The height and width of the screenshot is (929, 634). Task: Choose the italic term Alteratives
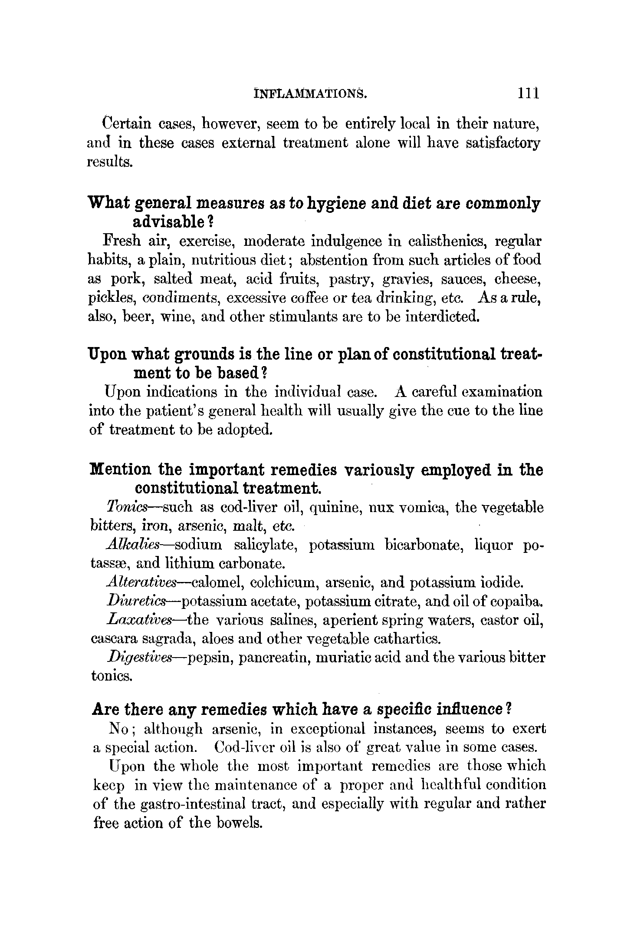pyautogui.click(x=141, y=582)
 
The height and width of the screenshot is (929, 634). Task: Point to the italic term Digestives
pyautogui.click(x=141, y=658)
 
